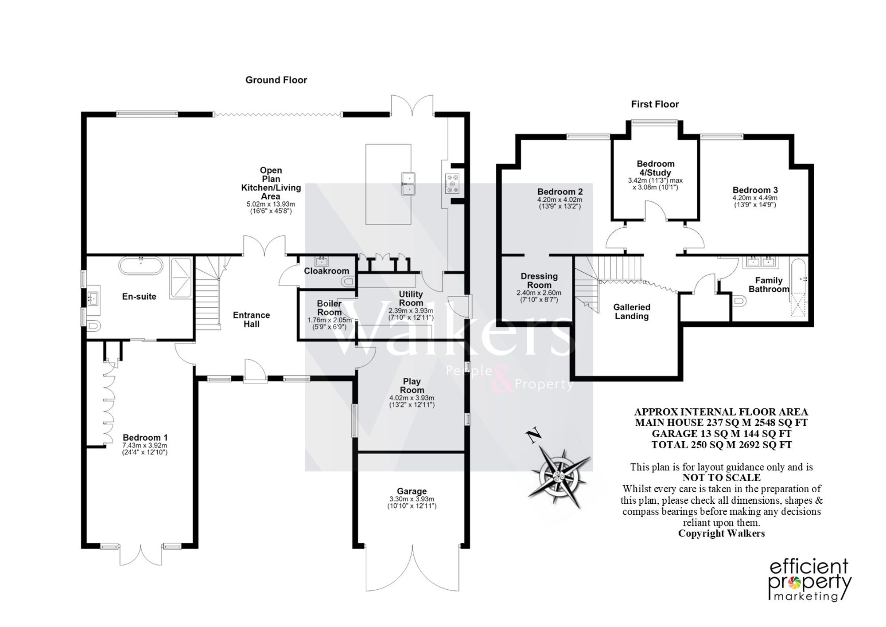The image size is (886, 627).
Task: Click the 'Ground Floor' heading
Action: pyautogui.click(x=276, y=80)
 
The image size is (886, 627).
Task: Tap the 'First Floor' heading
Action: pyautogui.click(x=655, y=104)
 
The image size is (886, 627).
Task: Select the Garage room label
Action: pyautogui.click(x=412, y=491)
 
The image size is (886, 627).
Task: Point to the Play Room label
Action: pyautogui.click(x=412, y=385)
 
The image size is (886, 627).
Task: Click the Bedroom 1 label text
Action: pyautogui.click(x=145, y=437)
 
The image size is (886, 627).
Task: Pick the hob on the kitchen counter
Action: pyautogui.click(x=452, y=183)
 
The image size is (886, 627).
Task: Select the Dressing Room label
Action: pyautogui.click(x=539, y=281)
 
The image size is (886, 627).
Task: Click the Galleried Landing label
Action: pyautogui.click(x=632, y=312)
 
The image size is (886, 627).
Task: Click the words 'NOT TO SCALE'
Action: pyautogui.click(x=722, y=478)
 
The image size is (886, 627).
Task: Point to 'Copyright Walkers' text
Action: pyautogui.click(x=722, y=533)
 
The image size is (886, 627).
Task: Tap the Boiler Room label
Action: pyautogui.click(x=329, y=308)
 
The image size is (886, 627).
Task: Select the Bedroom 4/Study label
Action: pyautogui.click(x=656, y=168)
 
